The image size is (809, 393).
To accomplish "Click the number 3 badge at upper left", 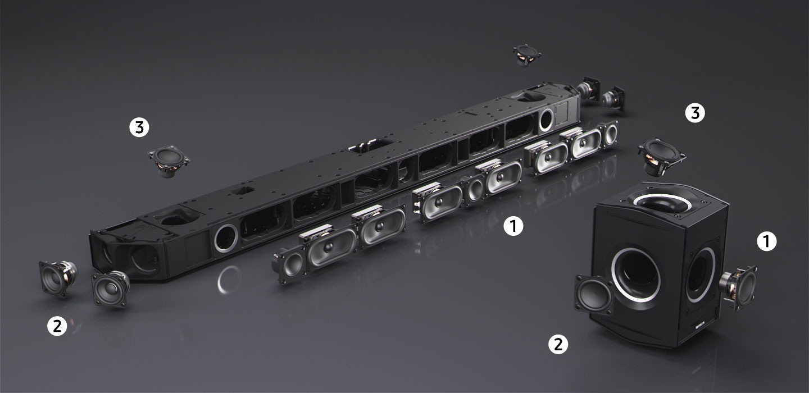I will point(139,127).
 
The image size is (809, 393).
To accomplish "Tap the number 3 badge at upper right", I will point(695,113).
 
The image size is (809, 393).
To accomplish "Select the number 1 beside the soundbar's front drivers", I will point(513,226).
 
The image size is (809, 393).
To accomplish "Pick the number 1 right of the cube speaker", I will point(766,241).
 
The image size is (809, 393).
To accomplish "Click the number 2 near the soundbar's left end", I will point(57,326).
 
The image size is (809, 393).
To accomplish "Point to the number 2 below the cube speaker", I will point(558,344).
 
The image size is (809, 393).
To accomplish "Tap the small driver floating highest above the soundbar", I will point(527,56).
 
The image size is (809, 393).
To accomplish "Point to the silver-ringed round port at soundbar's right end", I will point(546,120).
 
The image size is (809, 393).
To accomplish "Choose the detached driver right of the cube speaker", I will point(738,286).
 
